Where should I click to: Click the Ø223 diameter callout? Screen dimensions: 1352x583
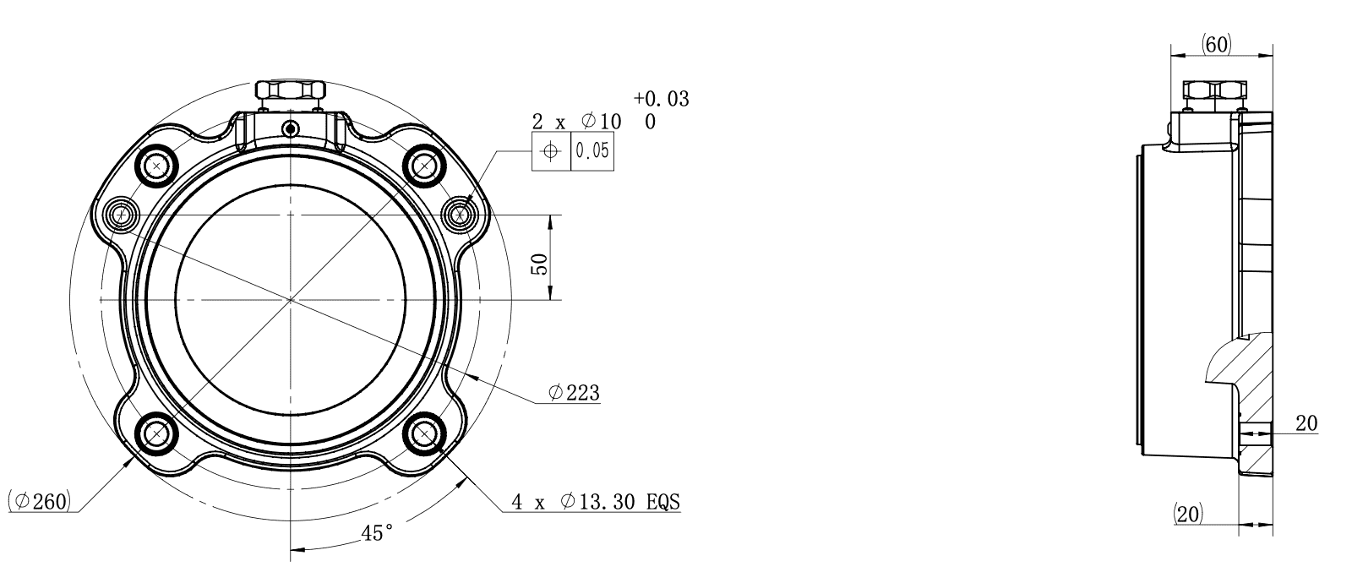(574, 393)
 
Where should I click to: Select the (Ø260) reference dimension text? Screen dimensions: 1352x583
(39, 501)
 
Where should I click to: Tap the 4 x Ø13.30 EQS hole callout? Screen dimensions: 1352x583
(596, 502)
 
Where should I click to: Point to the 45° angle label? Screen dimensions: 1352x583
(377, 533)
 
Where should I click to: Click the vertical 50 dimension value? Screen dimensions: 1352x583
(540, 264)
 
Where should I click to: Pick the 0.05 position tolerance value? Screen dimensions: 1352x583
(592, 150)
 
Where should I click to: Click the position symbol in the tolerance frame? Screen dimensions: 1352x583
(550, 150)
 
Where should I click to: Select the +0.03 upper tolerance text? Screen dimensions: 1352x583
(662, 98)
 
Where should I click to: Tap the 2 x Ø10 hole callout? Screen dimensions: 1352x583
(576, 122)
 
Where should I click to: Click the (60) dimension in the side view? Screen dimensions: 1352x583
(1216, 45)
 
